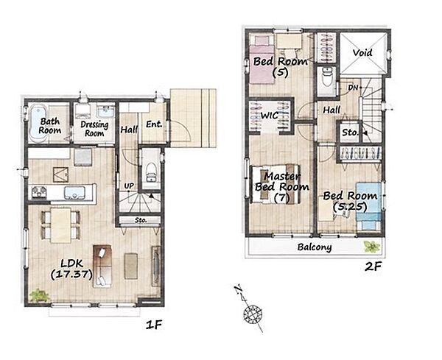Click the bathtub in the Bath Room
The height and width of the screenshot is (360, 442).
(x=38, y=124)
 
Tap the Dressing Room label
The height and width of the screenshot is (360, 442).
(x=94, y=129)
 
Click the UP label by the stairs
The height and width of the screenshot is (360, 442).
(x=129, y=186)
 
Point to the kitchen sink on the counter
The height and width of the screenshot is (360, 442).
(x=74, y=193)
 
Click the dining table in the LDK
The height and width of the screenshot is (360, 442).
(x=61, y=225)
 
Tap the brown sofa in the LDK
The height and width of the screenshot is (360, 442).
(x=102, y=267)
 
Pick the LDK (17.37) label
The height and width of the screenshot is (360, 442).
(x=71, y=269)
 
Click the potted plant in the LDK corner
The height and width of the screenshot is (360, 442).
(x=39, y=295)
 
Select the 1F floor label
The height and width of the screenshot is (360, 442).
(x=154, y=325)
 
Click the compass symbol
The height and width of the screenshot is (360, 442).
(x=251, y=312)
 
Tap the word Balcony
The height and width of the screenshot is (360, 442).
(x=315, y=247)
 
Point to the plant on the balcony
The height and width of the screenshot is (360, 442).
(x=371, y=247)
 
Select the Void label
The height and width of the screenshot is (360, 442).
(x=362, y=53)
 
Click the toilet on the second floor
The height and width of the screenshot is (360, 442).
(x=327, y=77)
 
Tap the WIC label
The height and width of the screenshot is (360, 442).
(x=270, y=115)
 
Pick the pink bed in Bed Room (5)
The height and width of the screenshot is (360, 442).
(x=262, y=60)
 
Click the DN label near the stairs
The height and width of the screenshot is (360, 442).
(x=353, y=88)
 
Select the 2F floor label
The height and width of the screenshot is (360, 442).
(x=373, y=267)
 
